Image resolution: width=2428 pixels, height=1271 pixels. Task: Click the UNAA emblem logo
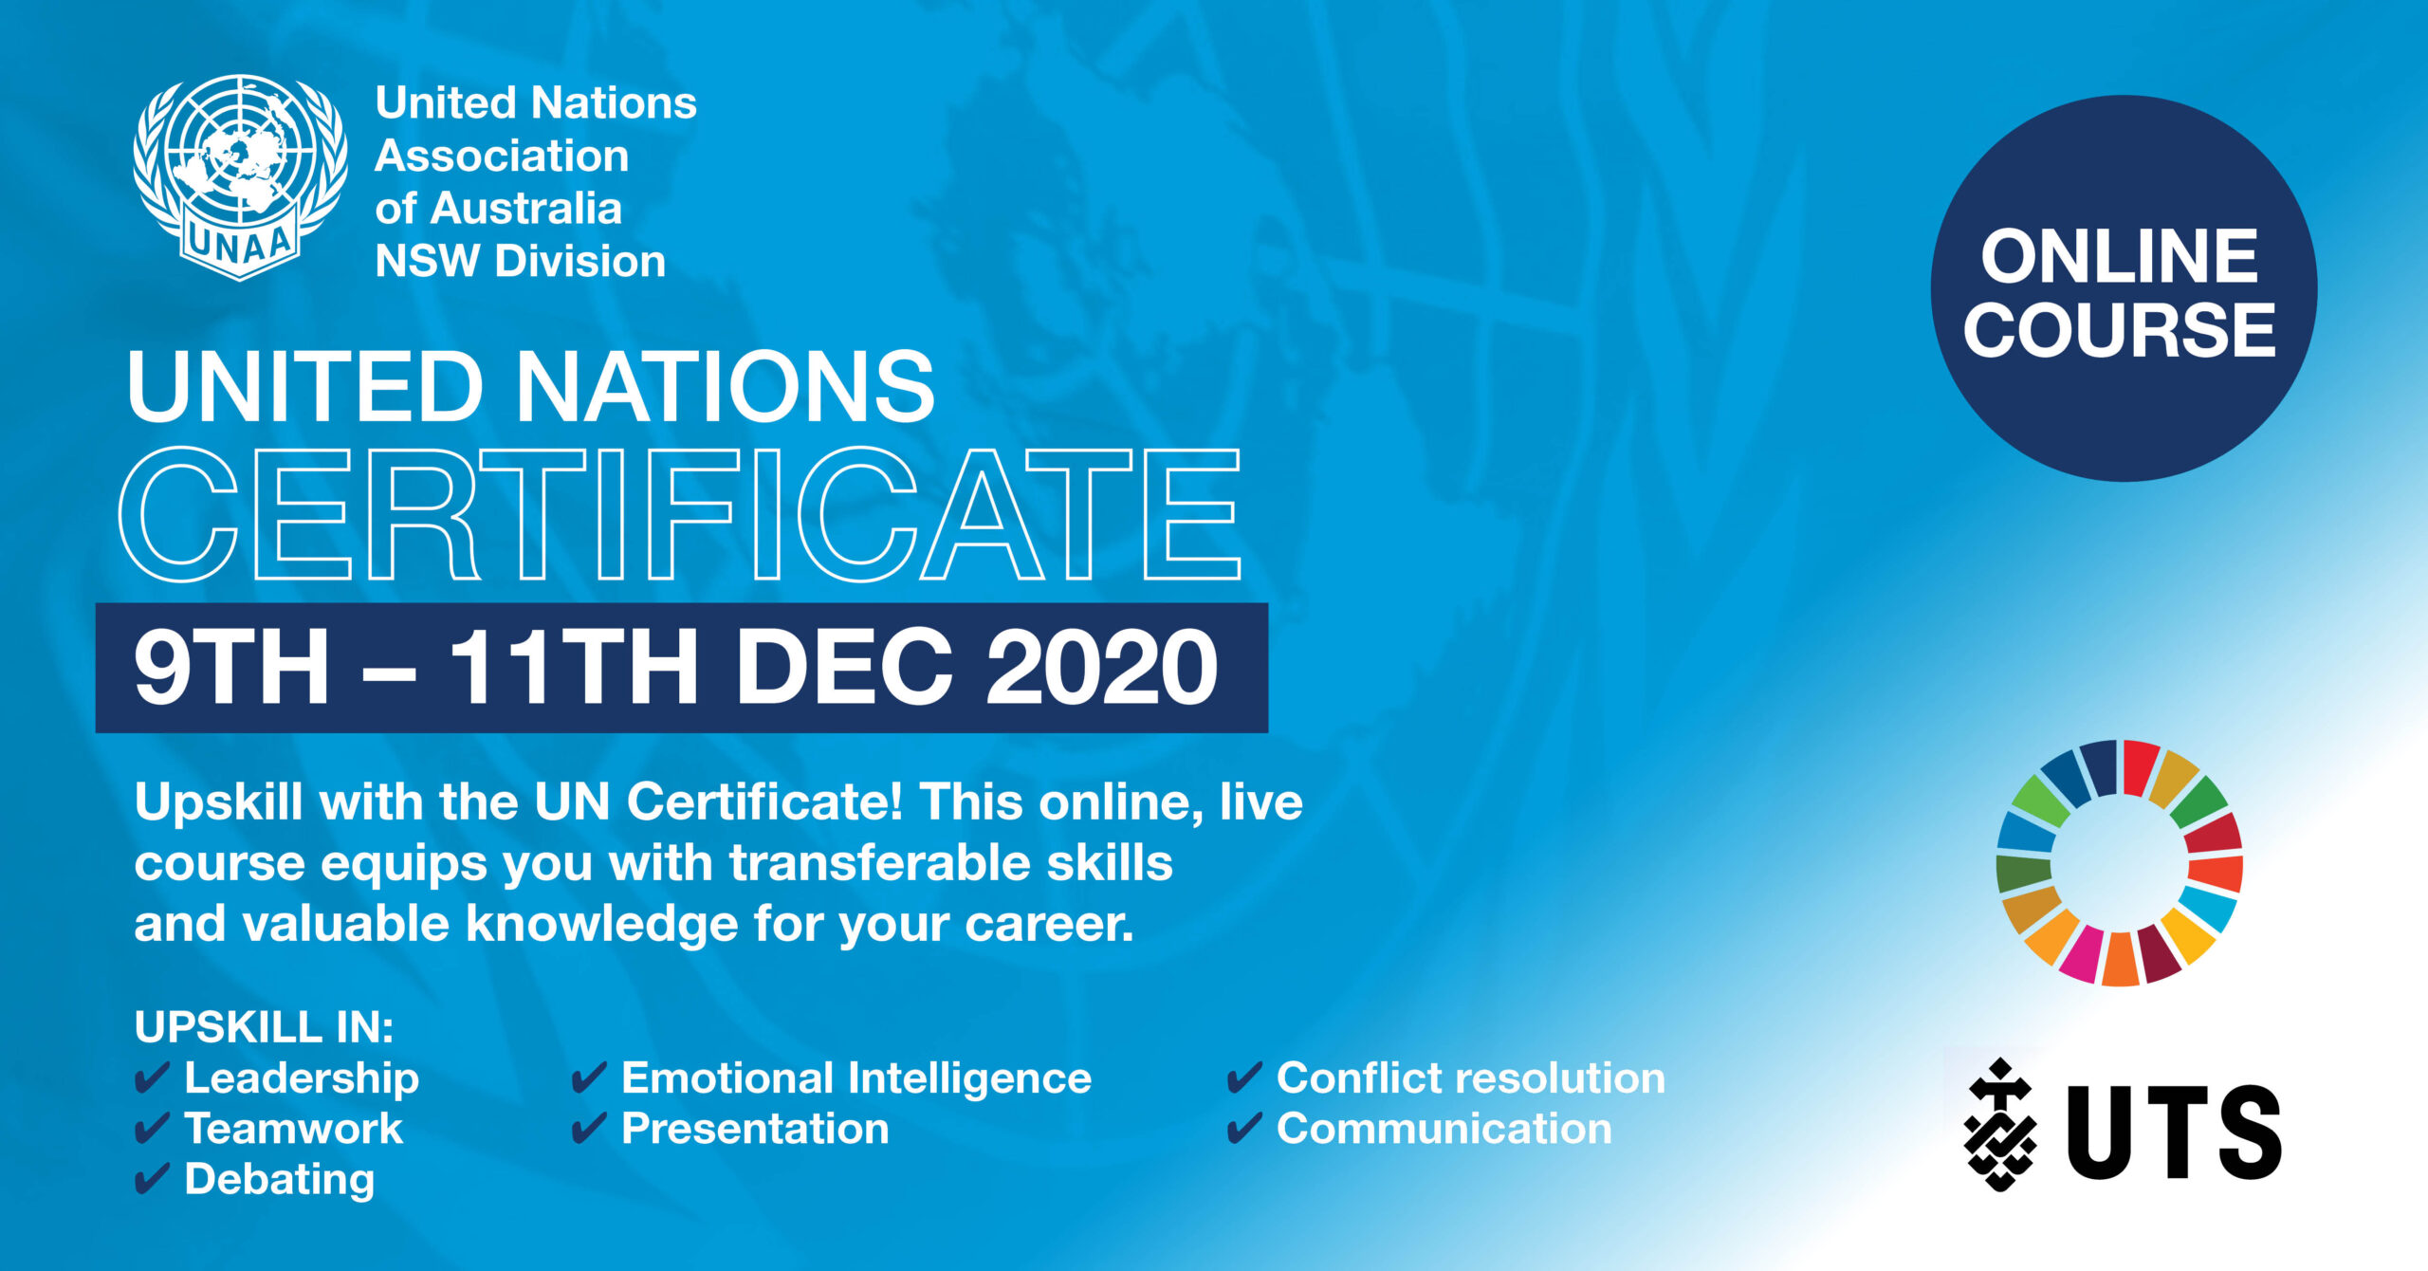pos(240,177)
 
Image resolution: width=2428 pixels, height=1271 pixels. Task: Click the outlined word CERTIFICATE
pos(680,514)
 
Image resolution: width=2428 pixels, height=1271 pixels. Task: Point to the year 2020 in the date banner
pos(1102,668)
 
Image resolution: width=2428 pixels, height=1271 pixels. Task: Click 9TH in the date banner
pos(231,668)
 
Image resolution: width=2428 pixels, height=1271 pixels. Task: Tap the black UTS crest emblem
pos(2000,1124)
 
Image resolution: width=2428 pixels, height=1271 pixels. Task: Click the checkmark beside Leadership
pos(152,1078)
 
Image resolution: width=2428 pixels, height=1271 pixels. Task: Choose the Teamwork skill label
pos(294,1129)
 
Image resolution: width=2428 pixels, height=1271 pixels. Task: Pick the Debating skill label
pos(280,1181)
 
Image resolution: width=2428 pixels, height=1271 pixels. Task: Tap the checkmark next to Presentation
pos(589,1129)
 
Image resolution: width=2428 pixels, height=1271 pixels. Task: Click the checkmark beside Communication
pos(1244,1129)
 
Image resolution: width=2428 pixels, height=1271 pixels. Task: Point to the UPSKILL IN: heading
pos(264,1027)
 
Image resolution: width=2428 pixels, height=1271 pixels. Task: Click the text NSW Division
pos(521,262)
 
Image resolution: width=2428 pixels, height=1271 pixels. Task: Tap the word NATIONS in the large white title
pos(726,387)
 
